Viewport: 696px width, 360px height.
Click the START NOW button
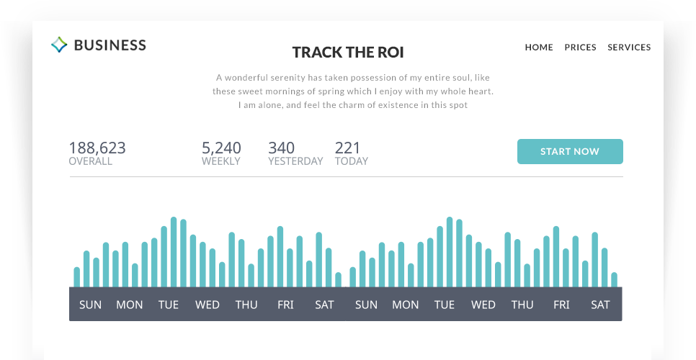click(570, 152)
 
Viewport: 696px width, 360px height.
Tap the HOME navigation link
click(539, 48)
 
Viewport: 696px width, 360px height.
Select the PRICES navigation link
click(580, 48)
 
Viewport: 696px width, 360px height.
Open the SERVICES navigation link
click(629, 48)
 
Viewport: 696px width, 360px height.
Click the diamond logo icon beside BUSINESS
click(59, 45)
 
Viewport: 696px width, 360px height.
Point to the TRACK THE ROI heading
click(348, 53)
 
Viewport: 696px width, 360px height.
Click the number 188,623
click(97, 148)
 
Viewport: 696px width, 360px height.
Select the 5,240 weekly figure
click(221, 148)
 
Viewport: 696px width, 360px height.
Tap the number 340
click(281, 148)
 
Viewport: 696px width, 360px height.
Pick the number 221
click(347, 148)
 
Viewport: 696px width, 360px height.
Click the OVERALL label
click(90, 162)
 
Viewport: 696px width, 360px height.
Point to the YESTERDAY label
click(295, 162)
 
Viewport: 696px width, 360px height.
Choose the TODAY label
click(352, 162)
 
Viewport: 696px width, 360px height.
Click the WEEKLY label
click(221, 162)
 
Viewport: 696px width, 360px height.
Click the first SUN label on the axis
click(91, 305)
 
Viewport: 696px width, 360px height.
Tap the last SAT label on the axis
click(600, 305)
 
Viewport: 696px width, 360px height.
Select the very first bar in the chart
click(77, 277)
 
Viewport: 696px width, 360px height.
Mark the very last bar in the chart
click(614, 279)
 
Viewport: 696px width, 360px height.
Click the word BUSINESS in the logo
click(110, 45)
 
